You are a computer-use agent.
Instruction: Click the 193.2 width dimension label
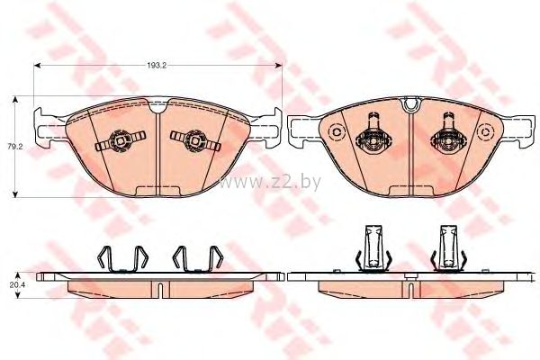(x=157, y=66)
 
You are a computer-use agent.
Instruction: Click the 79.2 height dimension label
(x=15, y=146)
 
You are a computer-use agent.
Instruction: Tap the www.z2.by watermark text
(x=270, y=182)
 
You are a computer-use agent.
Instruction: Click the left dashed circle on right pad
(x=335, y=132)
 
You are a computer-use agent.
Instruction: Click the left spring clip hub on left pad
(x=121, y=140)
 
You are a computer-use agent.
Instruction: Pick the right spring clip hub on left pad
(x=195, y=140)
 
